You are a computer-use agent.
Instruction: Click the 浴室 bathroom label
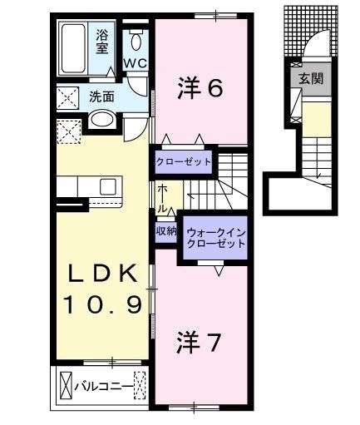pos(102,42)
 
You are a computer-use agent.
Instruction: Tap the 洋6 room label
pos(200,86)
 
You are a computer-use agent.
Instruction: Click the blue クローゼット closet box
pos(183,161)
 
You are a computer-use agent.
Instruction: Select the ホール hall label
pos(163,197)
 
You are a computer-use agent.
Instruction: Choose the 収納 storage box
pos(165,232)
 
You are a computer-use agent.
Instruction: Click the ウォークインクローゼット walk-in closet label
pos(215,238)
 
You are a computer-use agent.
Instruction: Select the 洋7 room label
pos(200,342)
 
